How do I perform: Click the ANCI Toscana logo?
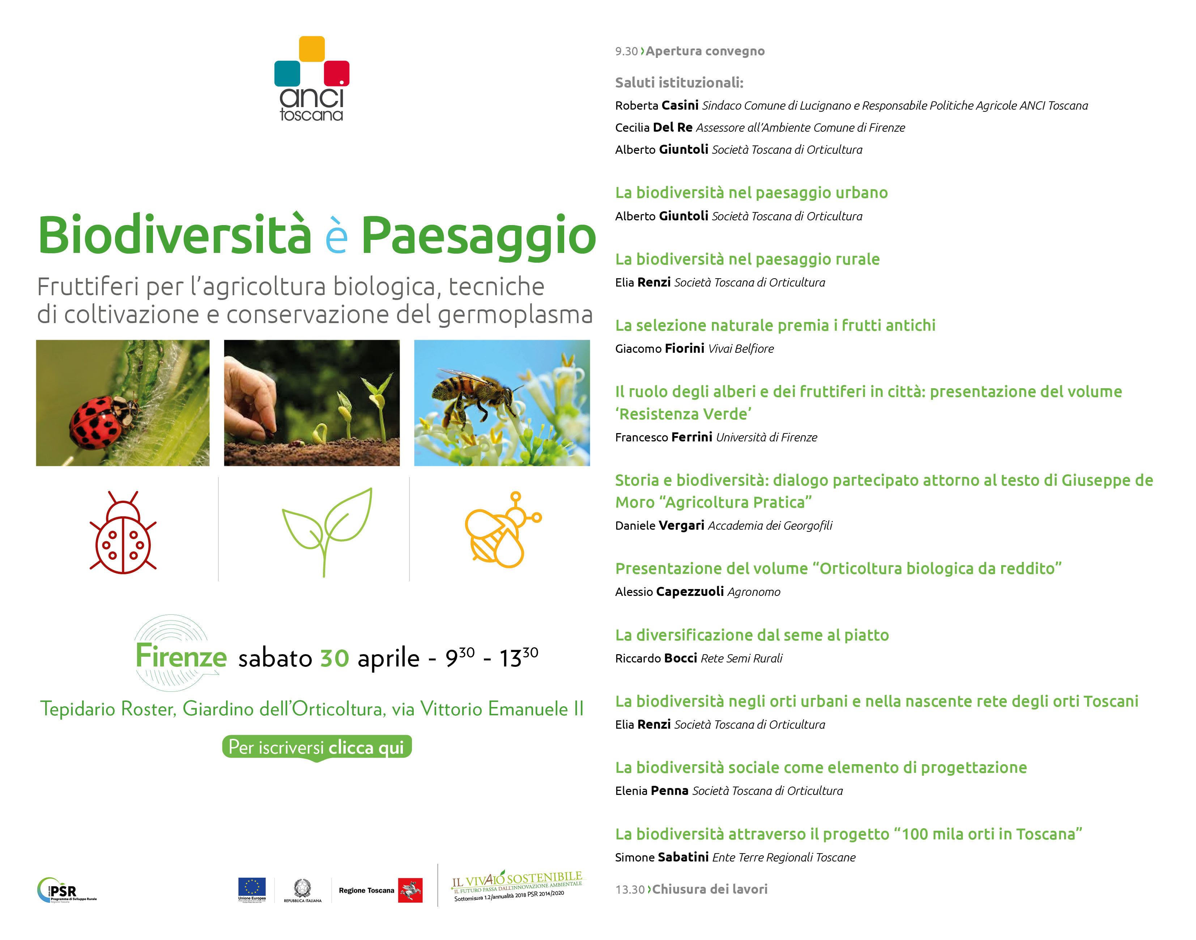pos(311,79)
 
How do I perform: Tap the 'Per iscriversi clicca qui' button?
pos(317,748)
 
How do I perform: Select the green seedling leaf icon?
pos(327,532)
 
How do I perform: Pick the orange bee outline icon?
pos(503,529)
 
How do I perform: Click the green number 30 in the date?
pos(335,658)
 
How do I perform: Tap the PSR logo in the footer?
pos(67,890)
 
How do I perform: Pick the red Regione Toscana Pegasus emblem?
pos(410,890)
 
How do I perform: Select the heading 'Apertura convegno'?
pos(705,51)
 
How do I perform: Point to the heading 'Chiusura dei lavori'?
pos(710,889)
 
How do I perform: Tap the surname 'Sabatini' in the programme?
pos(683,857)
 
